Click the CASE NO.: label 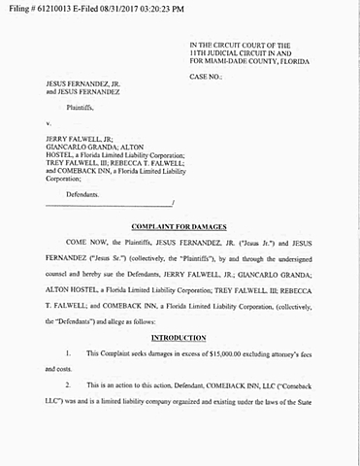click(210, 75)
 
